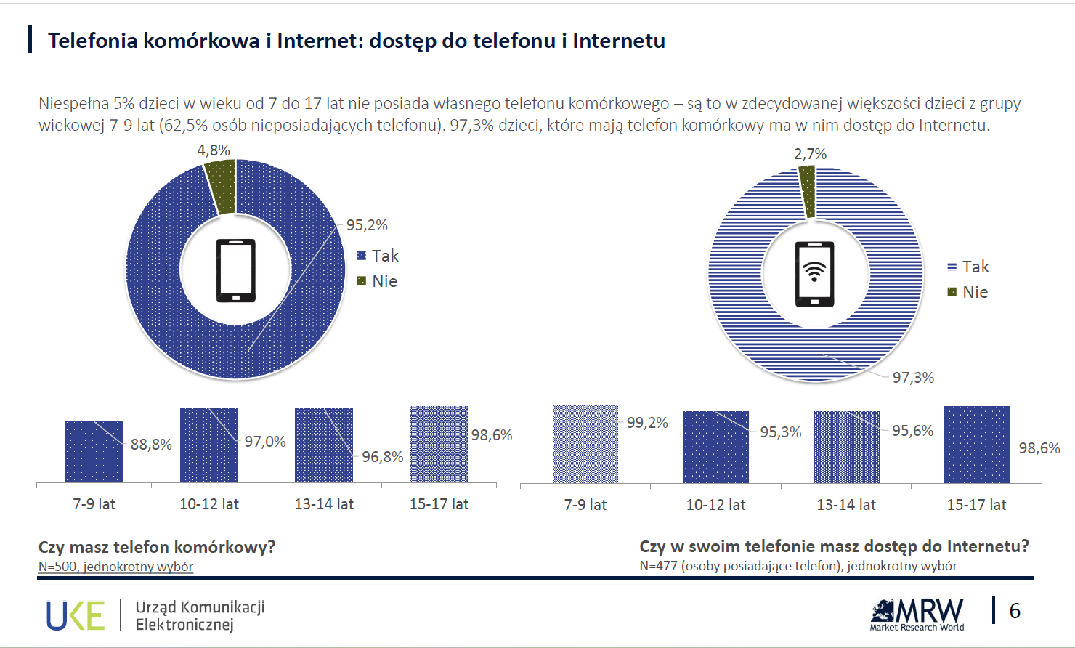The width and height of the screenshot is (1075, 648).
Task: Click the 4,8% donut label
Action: pos(214,150)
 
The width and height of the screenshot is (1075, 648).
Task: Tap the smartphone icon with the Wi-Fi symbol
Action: pos(814,274)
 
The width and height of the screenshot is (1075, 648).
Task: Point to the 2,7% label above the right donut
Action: pos(810,154)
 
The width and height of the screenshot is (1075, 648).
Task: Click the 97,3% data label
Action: pos(913,378)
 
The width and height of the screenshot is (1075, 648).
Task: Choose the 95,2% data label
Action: pos(367,225)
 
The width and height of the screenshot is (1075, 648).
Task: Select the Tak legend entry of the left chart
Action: pos(378,256)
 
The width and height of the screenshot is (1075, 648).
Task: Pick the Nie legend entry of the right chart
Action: pos(967,292)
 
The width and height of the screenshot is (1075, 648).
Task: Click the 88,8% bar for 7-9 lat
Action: pos(94,451)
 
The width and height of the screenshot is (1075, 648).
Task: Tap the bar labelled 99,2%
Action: pos(585,444)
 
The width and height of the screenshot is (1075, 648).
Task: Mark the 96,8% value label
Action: pos(382,457)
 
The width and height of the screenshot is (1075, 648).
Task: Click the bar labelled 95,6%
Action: pos(846,447)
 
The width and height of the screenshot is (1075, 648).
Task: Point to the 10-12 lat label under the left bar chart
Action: pos(209,504)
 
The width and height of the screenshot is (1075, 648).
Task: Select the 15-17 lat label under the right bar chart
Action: pos(976,505)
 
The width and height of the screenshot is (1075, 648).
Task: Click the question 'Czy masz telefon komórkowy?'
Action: pos(157,547)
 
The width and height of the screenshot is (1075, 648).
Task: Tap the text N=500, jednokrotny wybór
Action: pos(116,567)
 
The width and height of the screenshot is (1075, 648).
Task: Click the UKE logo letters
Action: pos(76,615)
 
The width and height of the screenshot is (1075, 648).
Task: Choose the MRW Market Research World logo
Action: pos(917,615)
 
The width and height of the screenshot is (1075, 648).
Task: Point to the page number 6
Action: pos(1015,611)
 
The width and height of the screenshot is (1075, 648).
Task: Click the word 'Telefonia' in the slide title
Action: pos(92,41)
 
